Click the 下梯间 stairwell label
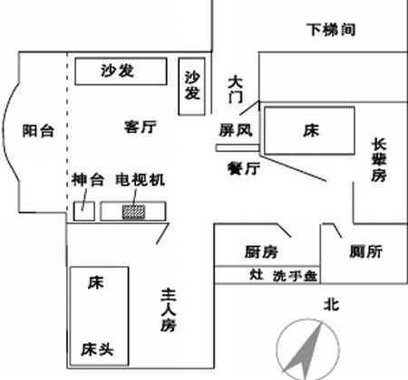point(331,30)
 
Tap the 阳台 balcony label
point(38,131)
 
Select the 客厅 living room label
point(140,127)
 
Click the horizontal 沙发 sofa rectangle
point(121,71)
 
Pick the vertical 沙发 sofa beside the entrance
point(192,87)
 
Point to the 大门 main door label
point(235,90)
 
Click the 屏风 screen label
point(236,130)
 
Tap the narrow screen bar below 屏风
point(238,147)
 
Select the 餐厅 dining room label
point(244,168)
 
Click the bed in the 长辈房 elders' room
point(309,130)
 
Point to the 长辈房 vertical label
point(379,160)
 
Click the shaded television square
point(133,212)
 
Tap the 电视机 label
point(141,179)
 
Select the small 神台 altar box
point(84,211)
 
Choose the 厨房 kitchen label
point(261,252)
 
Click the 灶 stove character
point(257,274)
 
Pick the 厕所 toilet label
point(366,252)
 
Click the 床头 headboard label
point(97,349)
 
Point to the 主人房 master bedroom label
point(169,310)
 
